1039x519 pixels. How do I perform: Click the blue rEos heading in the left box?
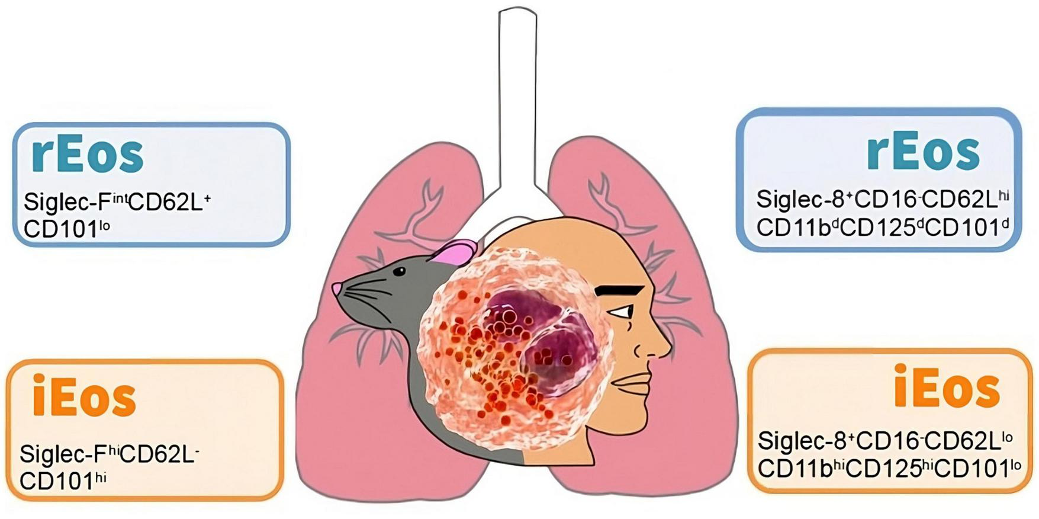click(x=87, y=154)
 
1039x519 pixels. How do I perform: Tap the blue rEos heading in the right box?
click(x=923, y=152)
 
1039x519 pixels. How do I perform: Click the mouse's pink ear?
click(x=453, y=252)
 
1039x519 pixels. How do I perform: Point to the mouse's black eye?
click(x=400, y=272)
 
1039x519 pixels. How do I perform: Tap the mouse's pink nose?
click(x=337, y=289)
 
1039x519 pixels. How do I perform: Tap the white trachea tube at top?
click(x=517, y=89)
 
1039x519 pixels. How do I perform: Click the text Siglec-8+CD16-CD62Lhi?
click(x=882, y=200)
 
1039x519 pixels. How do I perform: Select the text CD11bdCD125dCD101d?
click(x=882, y=228)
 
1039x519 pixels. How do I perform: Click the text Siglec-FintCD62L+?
click(x=117, y=202)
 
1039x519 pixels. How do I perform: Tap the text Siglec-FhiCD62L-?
click(x=109, y=454)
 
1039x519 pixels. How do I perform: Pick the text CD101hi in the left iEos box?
click(x=63, y=481)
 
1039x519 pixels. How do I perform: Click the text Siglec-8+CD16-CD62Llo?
click(x=885, y=440)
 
